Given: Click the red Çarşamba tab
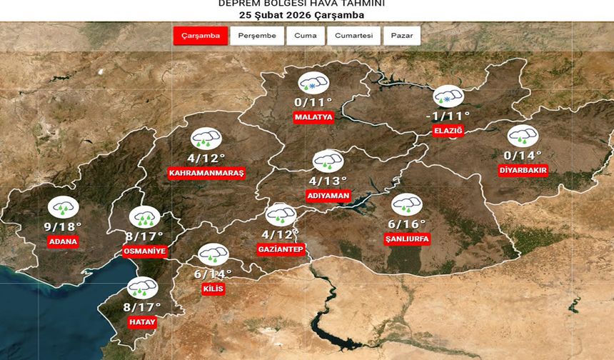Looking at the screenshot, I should coord(201,36).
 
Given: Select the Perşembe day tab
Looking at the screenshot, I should coord(257,36).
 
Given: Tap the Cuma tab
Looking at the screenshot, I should coord(306,36).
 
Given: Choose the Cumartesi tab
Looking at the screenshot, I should coord(354,36).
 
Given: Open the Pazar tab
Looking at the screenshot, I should coord(401,36).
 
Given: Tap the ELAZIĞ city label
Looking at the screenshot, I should coord(449,131).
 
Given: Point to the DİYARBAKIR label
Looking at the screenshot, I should coord(523,170).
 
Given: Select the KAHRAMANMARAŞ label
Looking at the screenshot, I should coord(206,174).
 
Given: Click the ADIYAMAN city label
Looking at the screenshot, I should coord(328,196).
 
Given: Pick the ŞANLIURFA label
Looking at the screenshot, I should coord(406,219).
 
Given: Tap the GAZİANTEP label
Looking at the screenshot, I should coord(281,249).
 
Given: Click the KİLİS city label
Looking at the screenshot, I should coord(213,289).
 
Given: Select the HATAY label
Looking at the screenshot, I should coord(142,322).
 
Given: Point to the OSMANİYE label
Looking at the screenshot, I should coord(145,251).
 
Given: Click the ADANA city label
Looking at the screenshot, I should coord(63,241).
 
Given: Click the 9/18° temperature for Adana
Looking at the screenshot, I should coord(63,226).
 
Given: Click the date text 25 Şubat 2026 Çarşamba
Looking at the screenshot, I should coord(302,15).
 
